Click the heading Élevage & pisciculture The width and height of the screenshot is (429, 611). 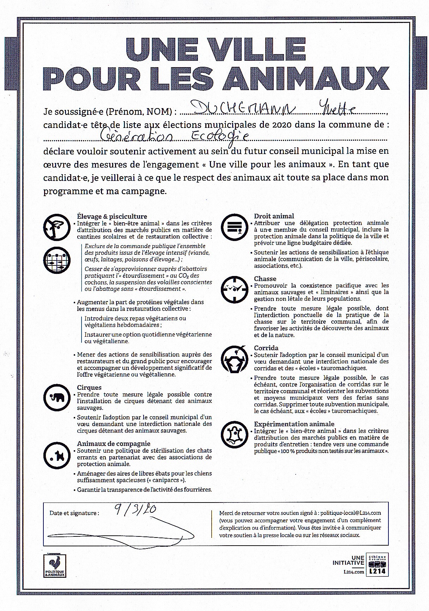click(112, 216)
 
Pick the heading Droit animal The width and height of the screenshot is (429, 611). click(274, 216)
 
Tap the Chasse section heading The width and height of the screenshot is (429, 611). click(265, 278)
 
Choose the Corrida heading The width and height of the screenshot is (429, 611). click(266, 348)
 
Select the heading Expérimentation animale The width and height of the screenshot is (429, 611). click(294, 424)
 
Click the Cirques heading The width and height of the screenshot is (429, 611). click(89, 387)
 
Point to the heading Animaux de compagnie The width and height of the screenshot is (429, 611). click(114, 443)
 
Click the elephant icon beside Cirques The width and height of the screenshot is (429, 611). click(56, 398)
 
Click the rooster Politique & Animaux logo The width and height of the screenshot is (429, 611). click(55, 566)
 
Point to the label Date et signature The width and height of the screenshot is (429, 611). click(74, 513)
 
